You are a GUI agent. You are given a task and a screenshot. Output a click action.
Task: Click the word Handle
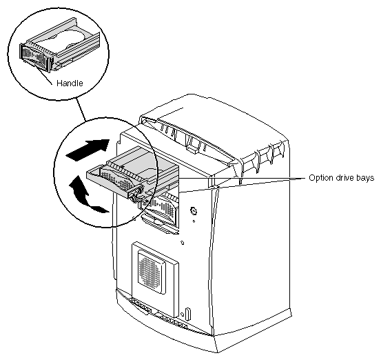70,83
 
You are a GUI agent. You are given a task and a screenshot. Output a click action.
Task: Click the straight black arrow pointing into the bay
88,150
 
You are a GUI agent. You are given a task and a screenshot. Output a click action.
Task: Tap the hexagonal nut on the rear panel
194,211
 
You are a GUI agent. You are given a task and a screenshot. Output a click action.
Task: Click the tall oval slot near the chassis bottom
188,314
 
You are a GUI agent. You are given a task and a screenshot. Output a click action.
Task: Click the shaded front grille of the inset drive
33,56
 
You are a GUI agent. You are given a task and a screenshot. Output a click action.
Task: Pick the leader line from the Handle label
43,75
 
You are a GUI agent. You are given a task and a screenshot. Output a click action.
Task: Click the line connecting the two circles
81,110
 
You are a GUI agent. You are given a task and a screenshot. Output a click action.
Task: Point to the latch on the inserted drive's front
136,194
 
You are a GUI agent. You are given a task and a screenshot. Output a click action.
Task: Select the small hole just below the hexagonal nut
194,221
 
